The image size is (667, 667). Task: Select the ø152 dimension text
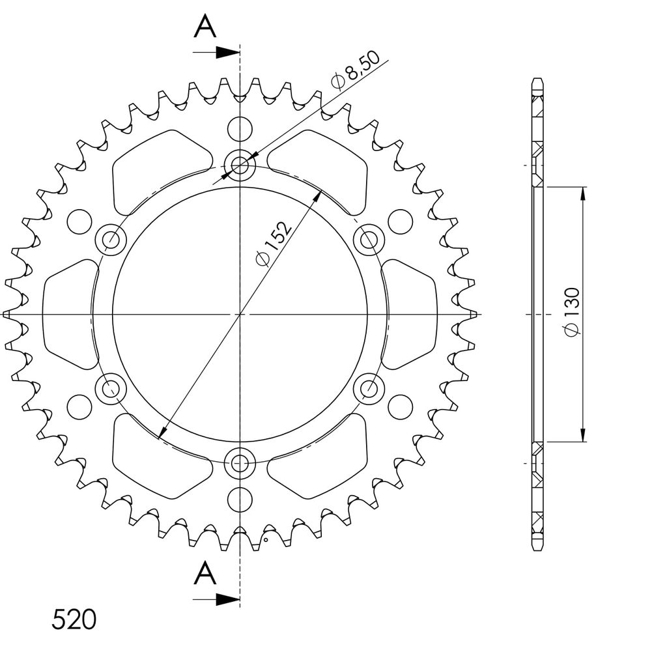point(273,242)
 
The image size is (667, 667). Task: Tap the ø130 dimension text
point(571,311)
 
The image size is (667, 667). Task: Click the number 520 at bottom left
point(74,619)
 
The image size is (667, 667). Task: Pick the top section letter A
point(205,25)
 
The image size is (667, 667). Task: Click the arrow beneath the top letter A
point(216,52)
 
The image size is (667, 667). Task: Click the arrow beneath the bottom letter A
point(216,599)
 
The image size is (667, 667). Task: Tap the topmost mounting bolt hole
point(240,165)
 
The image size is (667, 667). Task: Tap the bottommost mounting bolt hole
point(240,462)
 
